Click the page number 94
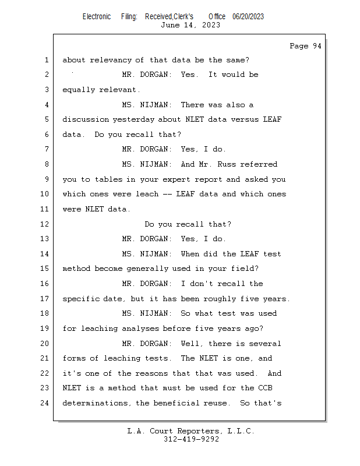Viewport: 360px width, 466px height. [x=317, y=46]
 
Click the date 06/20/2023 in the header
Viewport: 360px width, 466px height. [x=248, y=17]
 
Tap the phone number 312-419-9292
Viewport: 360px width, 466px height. [x=192, y=439]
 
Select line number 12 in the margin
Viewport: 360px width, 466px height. [x=45, y=224]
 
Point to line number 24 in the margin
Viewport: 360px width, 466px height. [x=45, y=403]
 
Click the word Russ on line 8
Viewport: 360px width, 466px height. [x=226, y=164]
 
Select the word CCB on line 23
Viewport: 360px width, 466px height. [x=265, y=388]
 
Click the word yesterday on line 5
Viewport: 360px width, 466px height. [x=133, y=119]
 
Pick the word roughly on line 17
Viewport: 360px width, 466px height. [x=220, y=299]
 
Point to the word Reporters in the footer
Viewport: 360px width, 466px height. [x=198, y=431]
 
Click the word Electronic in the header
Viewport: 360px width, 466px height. [x=97, y=17]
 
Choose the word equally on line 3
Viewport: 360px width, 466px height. [x=79, y=90]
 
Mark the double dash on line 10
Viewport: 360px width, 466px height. [x=167, y=195]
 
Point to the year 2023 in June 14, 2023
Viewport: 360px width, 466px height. [x=211, y=25]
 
